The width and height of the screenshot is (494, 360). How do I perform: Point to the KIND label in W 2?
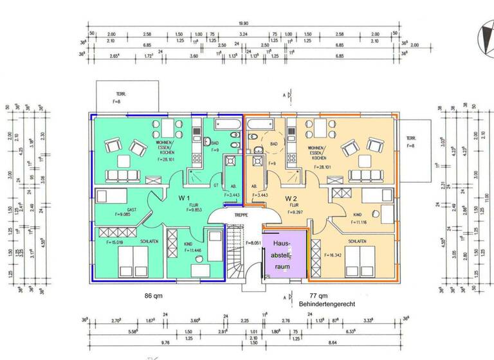pyautogui.click(x=357, y=215)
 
